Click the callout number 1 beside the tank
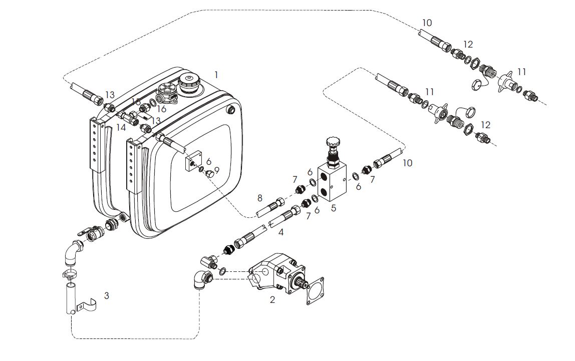point(216,75)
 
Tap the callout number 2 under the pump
point(272,300)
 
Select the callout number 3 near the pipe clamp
point(106,295)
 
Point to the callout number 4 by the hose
point(281,232)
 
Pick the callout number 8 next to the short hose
point(259,198)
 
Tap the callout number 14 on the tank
point(121,128)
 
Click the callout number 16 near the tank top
point(161,109)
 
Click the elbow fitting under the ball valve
point(71,250)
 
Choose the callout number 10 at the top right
point(427,23)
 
